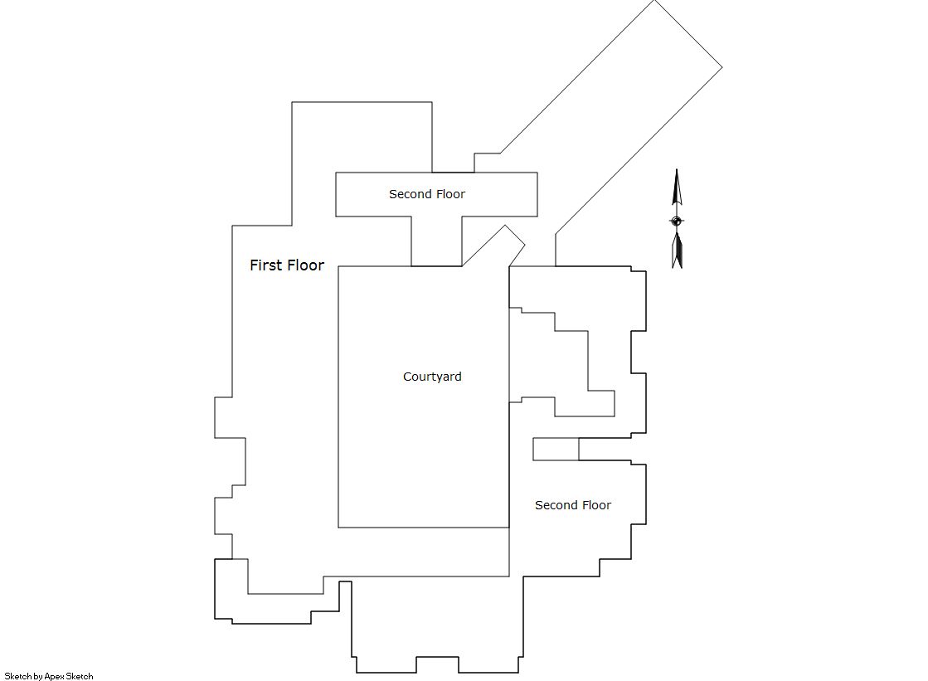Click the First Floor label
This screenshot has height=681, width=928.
coord(287,265)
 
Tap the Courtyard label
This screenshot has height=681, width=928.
coord(432,377)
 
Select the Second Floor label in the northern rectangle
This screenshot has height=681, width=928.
coord(427,194)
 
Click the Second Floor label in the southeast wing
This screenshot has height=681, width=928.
coord(573,505)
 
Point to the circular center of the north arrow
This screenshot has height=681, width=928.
coord(677,221)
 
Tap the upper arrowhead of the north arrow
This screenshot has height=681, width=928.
coord(677,187)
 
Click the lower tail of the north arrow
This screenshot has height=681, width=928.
coord(677,250)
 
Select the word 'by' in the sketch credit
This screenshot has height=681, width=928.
coord(38,676)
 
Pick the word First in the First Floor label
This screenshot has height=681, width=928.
coord(266,265)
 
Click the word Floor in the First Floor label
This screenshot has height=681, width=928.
coord(305,265)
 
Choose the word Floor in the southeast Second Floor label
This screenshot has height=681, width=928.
coord(595,505)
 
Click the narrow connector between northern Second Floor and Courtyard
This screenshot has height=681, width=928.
coord(437,241)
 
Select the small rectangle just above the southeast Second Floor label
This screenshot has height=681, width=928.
coord(556,449)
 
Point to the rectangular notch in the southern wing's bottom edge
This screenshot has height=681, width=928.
coord(437,664)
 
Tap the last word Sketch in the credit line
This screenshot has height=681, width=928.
coord(80,676)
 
